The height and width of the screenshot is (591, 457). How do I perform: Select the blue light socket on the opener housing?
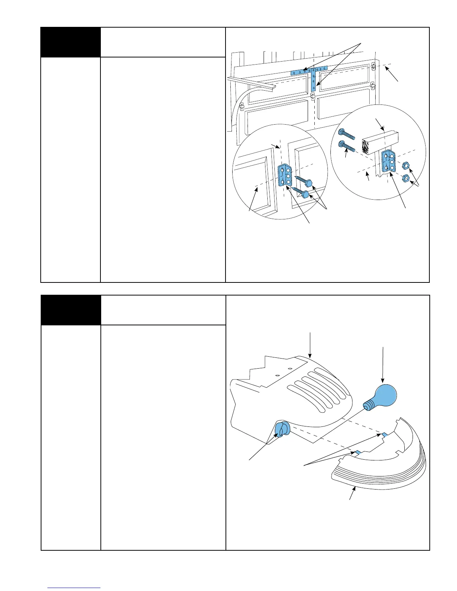(282, 429)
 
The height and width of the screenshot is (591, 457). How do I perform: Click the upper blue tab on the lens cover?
(384, 435)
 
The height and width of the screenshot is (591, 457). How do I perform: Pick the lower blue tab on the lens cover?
(357, 452)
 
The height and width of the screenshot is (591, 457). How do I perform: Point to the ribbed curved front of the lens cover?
(377, 479)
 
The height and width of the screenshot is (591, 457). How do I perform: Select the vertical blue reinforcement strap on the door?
(313, 82)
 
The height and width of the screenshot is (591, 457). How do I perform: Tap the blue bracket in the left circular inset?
(285, 175)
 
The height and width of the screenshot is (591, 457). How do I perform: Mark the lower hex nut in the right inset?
(404, 178)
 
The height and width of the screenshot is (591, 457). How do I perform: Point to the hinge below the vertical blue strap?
(313, 98)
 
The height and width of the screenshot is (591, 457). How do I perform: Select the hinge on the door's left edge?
(242, 107)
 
